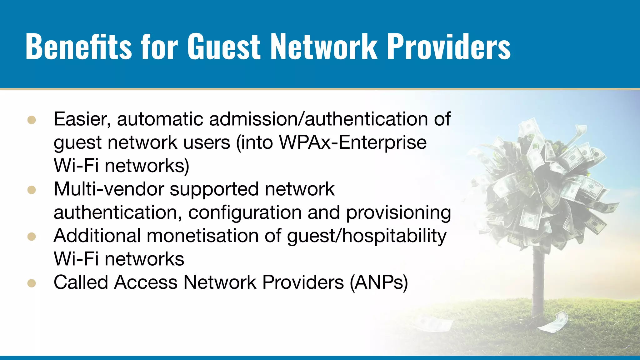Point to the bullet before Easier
[x=32, y=120]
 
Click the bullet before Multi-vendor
[x=32, y=190]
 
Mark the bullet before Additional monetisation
[x=32, y=237]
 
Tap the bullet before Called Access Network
[x=32, y=283]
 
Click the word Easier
[x=82, y=119]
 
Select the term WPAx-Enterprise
[x=352, y=142]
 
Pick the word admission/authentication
[x=319, y=119]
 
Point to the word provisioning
[x=398, y=213]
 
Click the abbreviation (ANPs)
[x=379, y=282]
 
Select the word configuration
[x=245, y=213]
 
